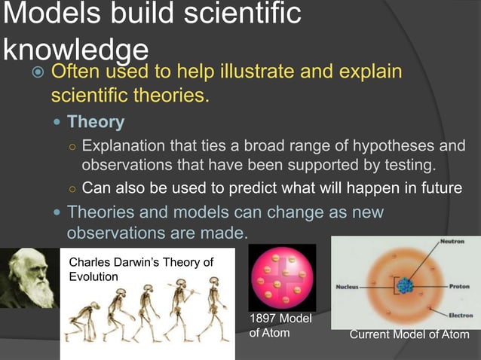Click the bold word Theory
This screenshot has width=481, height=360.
(x=96, y=121)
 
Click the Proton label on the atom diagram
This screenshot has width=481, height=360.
(x=459, y=287)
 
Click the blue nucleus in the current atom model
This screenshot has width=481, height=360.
(x=406, y=287)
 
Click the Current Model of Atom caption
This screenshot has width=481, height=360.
(x=409, y=334)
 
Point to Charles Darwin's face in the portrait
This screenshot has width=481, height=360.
(x=29, y=274)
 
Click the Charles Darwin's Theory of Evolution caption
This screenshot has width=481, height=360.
(x=141, y=269)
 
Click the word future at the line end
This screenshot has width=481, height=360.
(x=437, y=188)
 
